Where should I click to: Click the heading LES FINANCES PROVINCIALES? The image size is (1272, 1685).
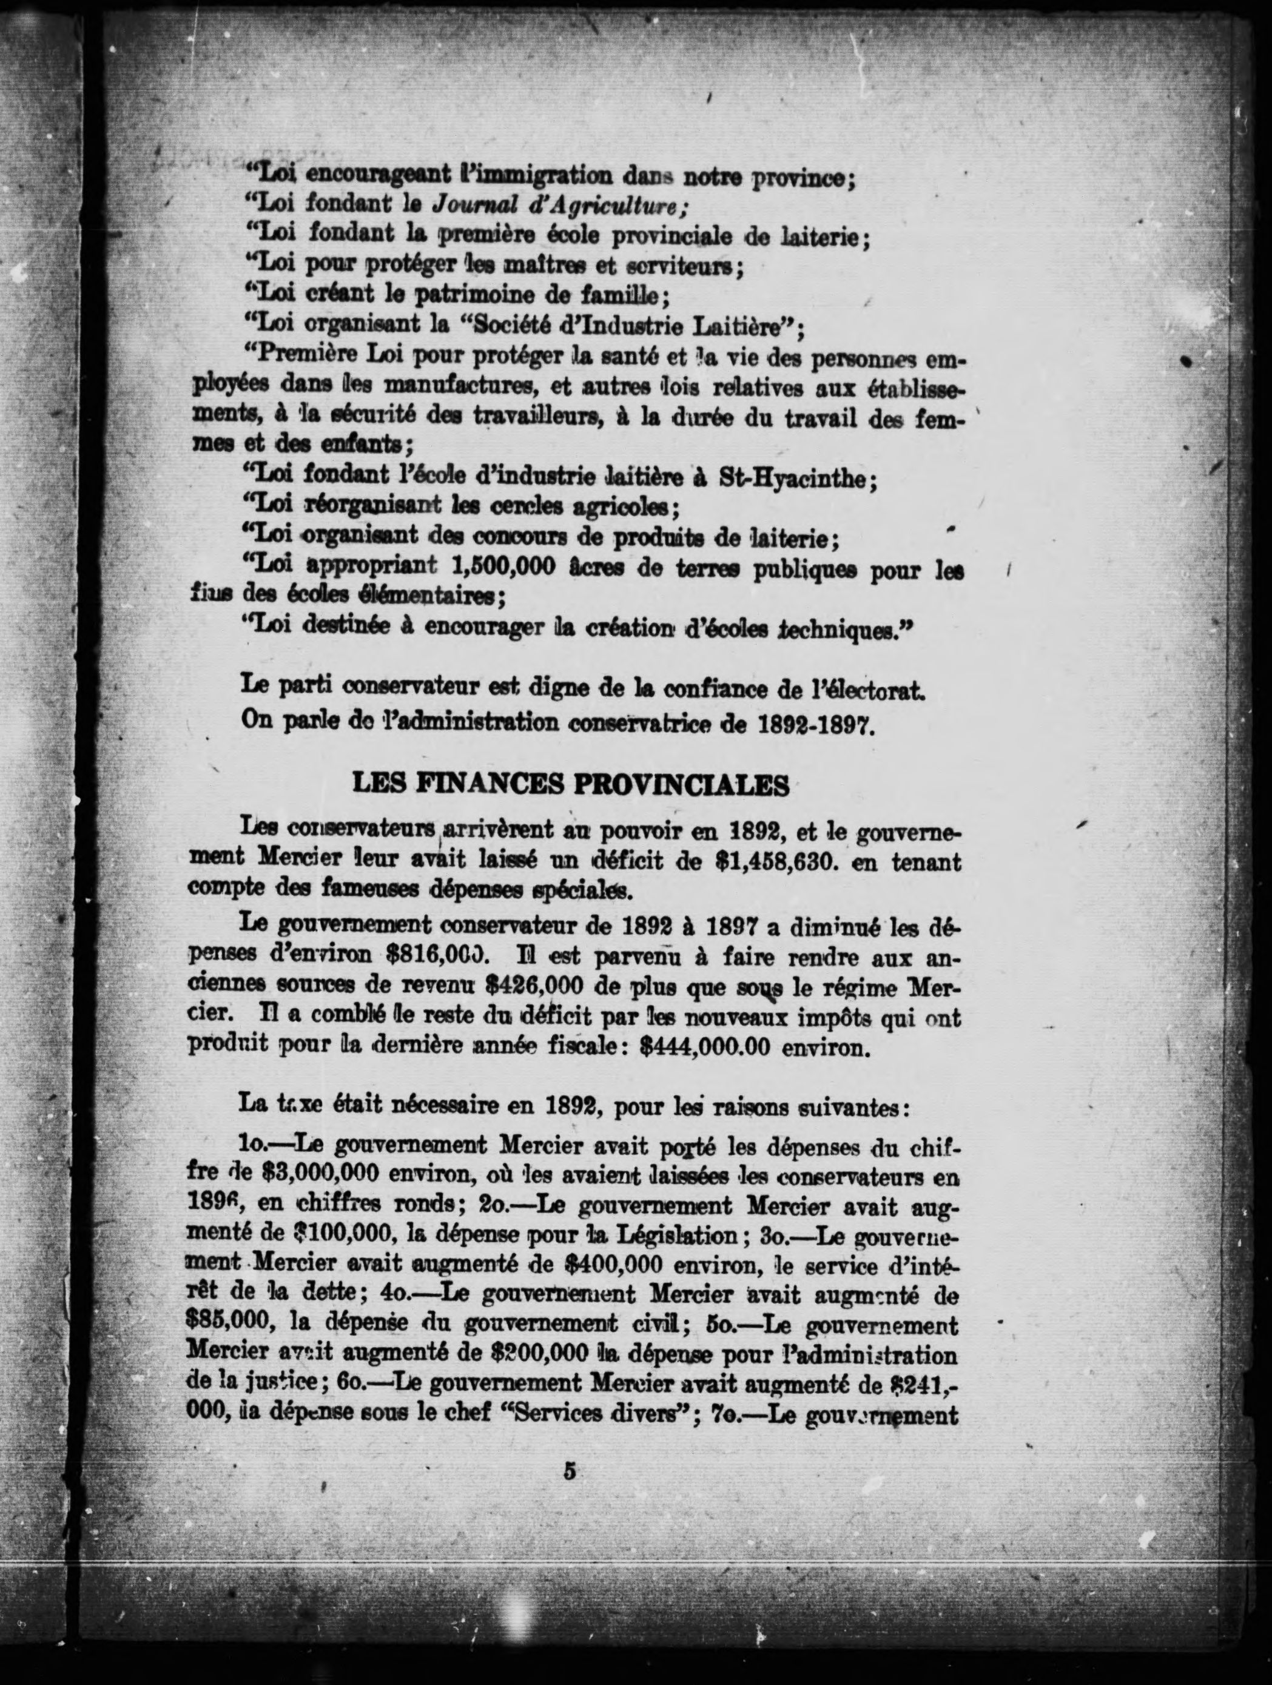[571, 785]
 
